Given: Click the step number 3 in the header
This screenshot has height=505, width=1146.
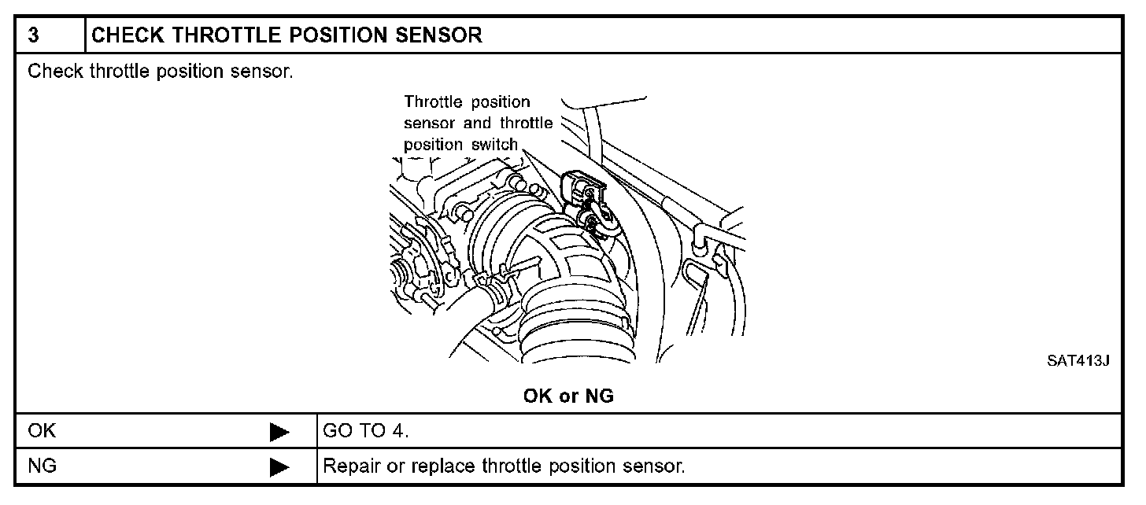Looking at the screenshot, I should pyautogui.click(x=33, y=36).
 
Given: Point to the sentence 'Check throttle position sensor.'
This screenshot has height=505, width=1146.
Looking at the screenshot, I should pyautogui.click(x=161, y=72).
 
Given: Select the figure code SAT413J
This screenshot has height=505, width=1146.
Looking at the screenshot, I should pyautogui.click(x=1078, y=361).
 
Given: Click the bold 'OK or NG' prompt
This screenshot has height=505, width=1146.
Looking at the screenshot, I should pyautogui.click(x=568, y=396).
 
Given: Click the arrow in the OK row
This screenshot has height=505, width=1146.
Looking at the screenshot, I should pyautogui.click(x=279, y=432).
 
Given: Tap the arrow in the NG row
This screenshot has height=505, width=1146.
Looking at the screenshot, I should pyautogui.click(x=279, y=467).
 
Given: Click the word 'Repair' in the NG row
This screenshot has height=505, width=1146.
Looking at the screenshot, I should pyautogui.click(x=349, y=467).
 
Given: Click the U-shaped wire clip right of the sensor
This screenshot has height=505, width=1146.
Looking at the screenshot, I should pyautogui.click(x=697, y=271).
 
